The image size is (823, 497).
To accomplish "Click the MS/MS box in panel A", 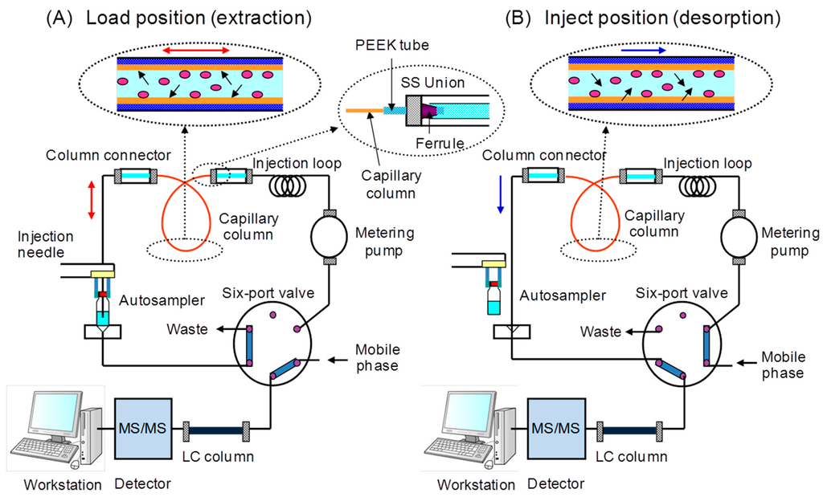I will click(141, 427).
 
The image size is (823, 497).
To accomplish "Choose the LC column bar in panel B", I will click(629, 431).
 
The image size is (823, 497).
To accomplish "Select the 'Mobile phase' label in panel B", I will click(782, 366).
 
